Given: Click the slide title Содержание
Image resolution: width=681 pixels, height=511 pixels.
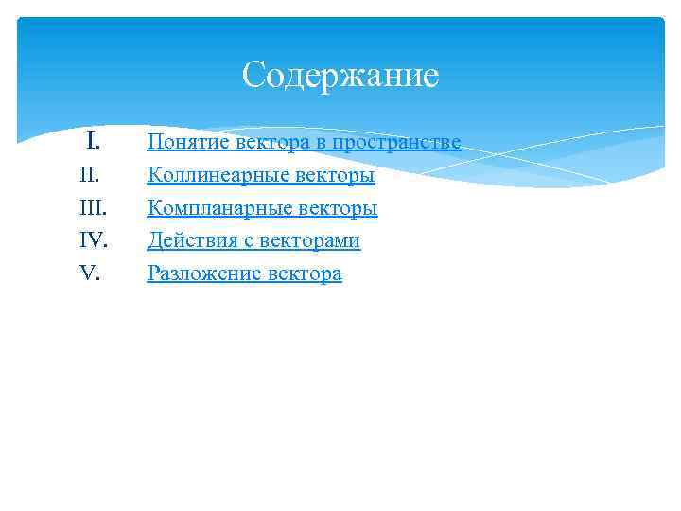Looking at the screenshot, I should click(x=340, y=75).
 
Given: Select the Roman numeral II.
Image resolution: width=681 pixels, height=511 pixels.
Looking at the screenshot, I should click(x=90, y=175).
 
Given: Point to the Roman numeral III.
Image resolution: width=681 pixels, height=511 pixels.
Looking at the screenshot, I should click(x=91, y=208).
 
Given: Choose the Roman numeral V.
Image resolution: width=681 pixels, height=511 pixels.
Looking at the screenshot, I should click(x=90, y=273).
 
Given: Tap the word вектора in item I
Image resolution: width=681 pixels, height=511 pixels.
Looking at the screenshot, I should click(x=270, y=143).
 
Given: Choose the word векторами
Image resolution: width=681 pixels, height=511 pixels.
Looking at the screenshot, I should click(x=306, y=241).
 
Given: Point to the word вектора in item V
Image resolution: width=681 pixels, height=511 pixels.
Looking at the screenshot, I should click(x=305, y=274).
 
